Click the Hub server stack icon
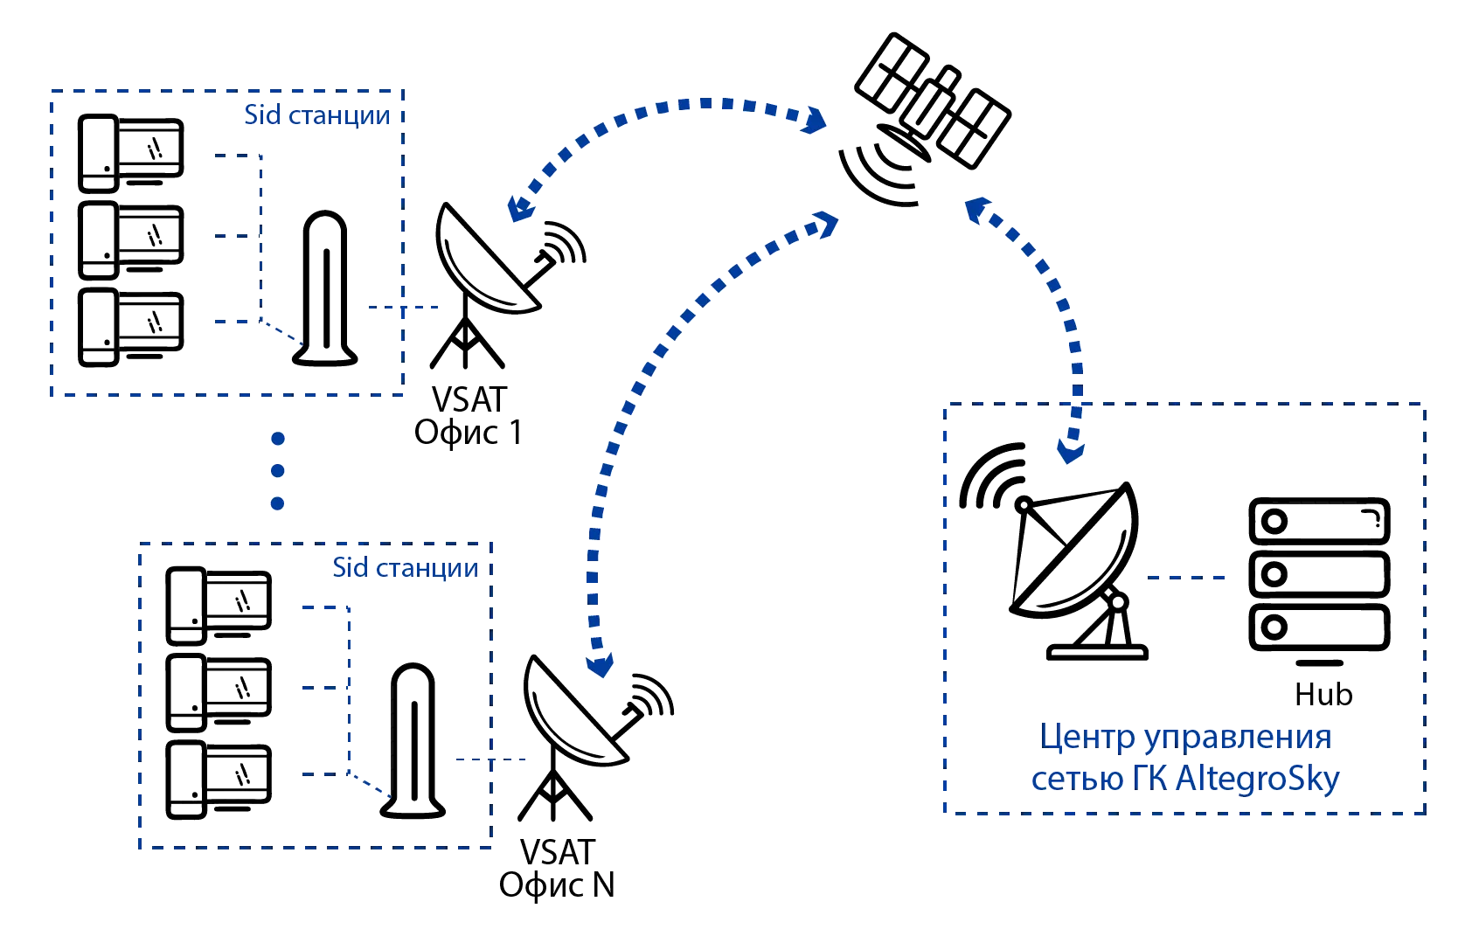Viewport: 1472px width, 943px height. [x=1318, y=575]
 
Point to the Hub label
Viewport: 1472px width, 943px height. [x=1323, y=694]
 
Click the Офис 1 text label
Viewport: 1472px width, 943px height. [x=469, y=433]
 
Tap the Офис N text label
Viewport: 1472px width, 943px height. [x=557, y=886]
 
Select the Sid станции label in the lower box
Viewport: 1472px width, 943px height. [x=406, y=568]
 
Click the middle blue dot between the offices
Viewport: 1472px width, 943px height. [x=278, y=470]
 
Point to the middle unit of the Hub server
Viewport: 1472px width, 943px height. [x=1318, y=575]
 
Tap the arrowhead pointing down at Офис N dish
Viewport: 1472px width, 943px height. [x=601, y=667]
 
